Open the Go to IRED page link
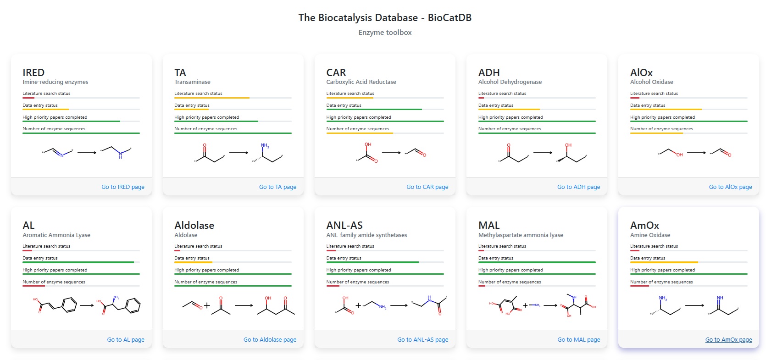[123, 187]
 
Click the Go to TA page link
[277, 187]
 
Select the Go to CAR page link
[427, 187]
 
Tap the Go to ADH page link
[578, 187]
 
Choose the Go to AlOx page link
[730, 187]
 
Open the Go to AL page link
[126, 340]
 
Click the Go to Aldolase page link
[270, 340]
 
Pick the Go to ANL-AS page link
[422, 340]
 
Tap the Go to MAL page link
[578, 340]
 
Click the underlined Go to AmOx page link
[728, 340]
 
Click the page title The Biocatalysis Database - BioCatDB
[385, 18]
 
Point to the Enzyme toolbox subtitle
[385, 33]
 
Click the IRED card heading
[33, 72]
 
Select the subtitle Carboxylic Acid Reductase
[361, 82]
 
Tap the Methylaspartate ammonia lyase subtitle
[521, 235]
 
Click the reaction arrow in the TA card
[239, 153]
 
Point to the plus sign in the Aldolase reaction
[207, 305]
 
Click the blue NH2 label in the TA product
[265, 146]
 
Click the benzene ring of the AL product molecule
[133, 306]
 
